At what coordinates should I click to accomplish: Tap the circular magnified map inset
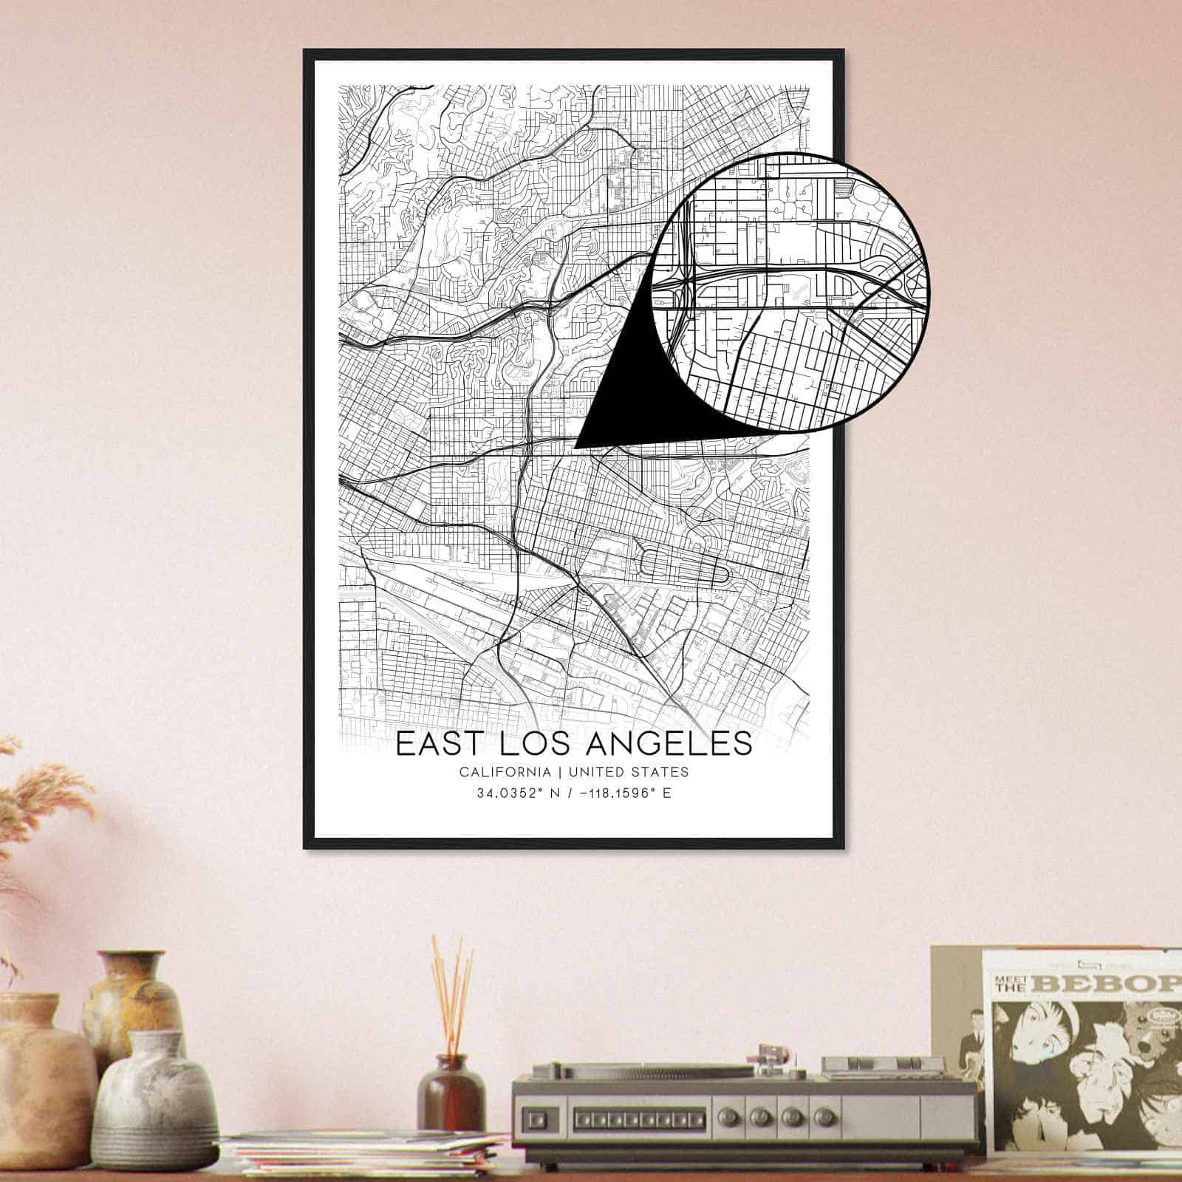(790, 292)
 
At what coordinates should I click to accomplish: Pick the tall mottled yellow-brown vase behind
(133, 990)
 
